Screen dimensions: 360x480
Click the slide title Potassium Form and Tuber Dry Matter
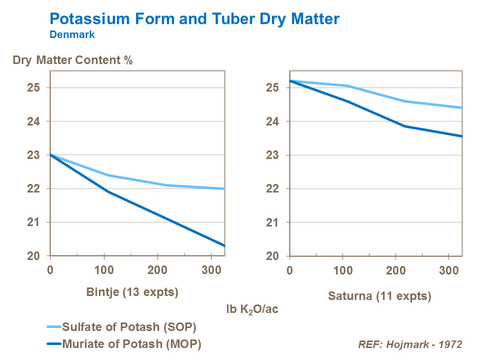tap(194, 19)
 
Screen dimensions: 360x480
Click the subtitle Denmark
tap(72, 35)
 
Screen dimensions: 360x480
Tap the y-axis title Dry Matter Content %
tap(72, 61)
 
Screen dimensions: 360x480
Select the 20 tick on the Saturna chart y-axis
tap(272, 256)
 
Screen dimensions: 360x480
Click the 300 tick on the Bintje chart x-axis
tap(211, 270)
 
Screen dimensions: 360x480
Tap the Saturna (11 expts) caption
tap(379, 296)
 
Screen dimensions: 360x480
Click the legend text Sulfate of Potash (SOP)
tap(128, 327)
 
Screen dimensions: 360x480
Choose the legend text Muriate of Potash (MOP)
tap(131, 344)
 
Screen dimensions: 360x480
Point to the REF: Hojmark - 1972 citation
tap(410, 344)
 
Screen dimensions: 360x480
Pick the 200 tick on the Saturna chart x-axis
tap(396, 270)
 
